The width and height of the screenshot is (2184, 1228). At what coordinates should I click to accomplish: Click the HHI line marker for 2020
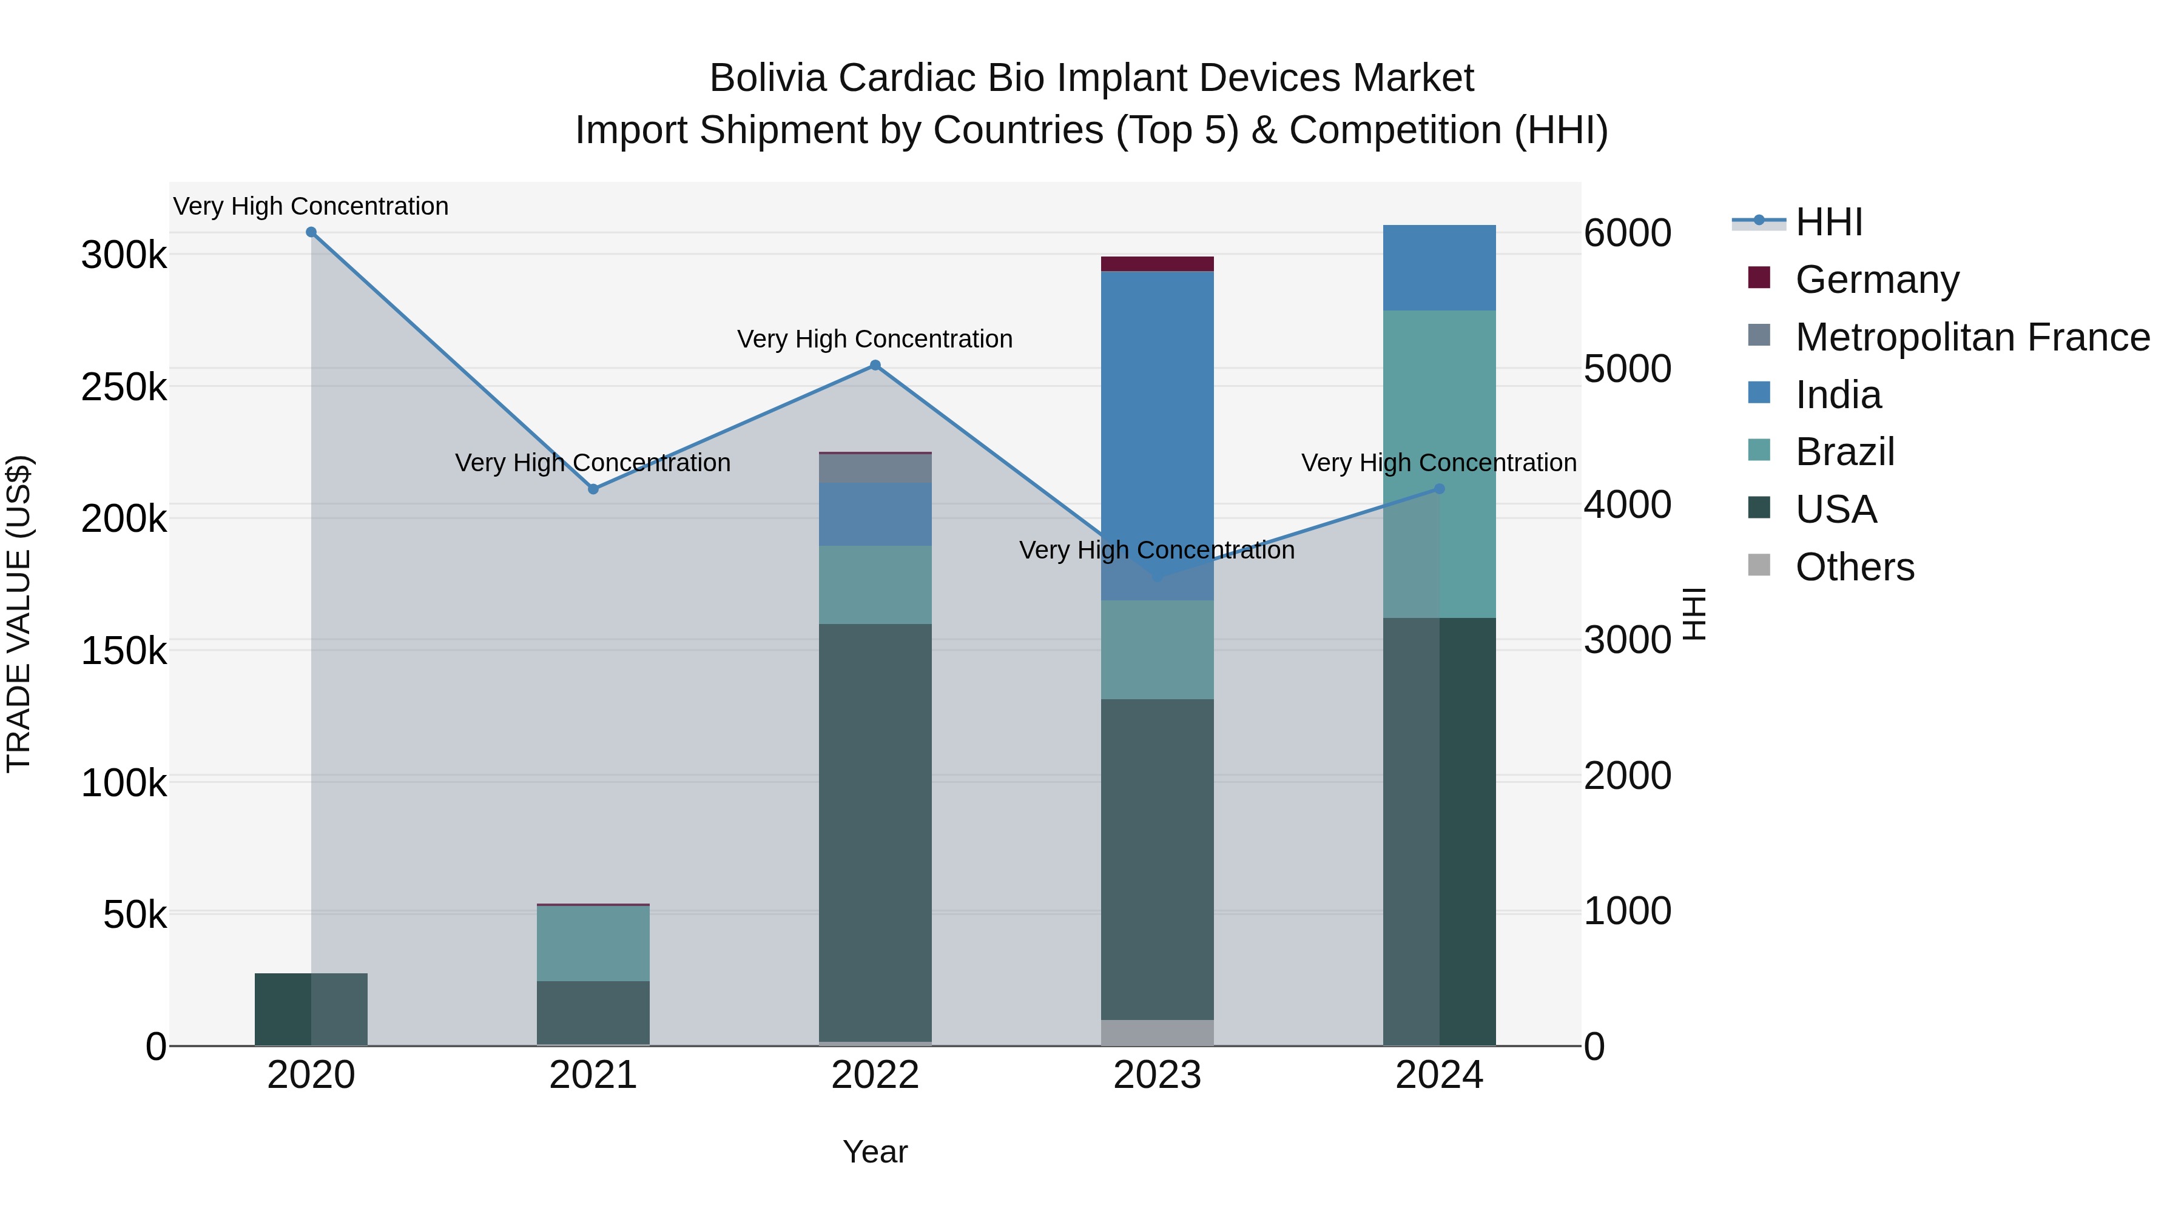(311, 232)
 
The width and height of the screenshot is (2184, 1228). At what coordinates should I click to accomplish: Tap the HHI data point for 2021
(593, 489)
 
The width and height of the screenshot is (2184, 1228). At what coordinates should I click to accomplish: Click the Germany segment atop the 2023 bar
(1158, 264)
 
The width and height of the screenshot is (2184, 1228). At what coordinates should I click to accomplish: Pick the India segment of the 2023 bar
(1158, 424)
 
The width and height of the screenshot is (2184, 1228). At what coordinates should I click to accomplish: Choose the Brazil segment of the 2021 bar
(593, 943)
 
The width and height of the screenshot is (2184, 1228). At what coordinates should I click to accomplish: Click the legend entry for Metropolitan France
(1972, 337)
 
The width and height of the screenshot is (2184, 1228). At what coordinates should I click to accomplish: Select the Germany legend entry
(1877, 280)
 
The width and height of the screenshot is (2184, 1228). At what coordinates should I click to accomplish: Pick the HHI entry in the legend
(1828, 222)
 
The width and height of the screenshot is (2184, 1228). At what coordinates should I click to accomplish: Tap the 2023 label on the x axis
(1158, 1075)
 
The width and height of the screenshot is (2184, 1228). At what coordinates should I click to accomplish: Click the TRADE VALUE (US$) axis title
(19, 614)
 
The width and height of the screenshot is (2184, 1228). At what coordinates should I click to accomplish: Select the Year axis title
(875, 1152)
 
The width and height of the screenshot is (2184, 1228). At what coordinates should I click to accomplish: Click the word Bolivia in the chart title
(767, 78)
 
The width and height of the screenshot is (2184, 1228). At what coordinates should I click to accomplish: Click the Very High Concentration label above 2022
(875, 339)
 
